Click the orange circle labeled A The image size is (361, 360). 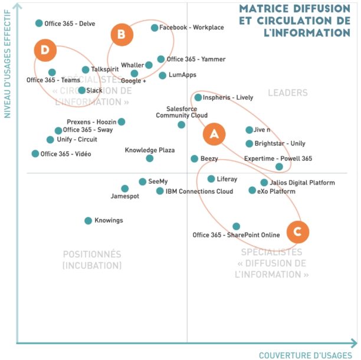tap(214, 134)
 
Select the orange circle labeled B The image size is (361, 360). tap(122, 35)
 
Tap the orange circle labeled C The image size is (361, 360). tap(298, 232)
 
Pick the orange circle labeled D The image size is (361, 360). tap(45, 50)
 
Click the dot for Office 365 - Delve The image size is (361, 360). tap(39, 24)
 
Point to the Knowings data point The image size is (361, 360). tap(88, 221)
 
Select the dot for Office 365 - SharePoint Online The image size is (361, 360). tap(237, 226)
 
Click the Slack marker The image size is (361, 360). tap(82, 90)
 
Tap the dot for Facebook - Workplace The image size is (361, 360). tap(155, 28)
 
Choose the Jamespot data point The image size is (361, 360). tap(125, 189)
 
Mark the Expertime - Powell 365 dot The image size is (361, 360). tap(279, 167)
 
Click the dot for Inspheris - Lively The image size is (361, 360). tap(198, 98)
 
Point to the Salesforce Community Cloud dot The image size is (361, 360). tap(181, 124)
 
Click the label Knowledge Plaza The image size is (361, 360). tap(150, 150)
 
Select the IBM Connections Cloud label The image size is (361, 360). tap(199, 191)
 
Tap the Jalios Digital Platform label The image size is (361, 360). tap(303, 183)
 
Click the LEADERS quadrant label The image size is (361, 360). tap(288, 93)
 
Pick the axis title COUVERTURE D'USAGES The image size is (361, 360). tap(304, 355)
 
